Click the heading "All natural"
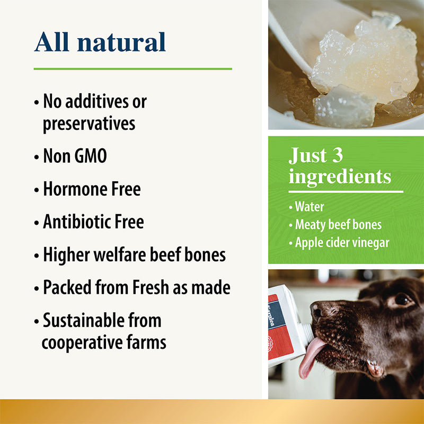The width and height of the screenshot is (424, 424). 100,42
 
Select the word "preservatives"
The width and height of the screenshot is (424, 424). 89,123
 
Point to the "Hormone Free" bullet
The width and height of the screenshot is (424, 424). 92,189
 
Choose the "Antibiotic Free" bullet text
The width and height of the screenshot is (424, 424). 93,222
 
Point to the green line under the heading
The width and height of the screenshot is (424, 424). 132,69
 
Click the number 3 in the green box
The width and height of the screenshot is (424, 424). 337,155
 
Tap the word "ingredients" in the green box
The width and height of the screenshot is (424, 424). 340,176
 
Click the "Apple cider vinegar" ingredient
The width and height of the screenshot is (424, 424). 342,242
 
